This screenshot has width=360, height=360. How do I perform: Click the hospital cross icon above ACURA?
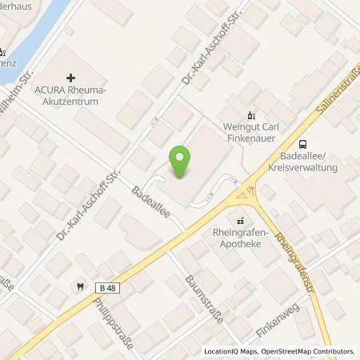pyautogui.click(x=71, y=78)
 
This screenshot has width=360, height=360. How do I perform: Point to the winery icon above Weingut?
pyautogui.click(x=252, y=114)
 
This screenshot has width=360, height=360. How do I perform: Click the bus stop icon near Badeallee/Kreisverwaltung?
pyautogui.click(x=303, y=144)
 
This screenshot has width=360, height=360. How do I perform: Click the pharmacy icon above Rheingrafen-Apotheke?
pyautogui.click(x=238, y=220)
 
